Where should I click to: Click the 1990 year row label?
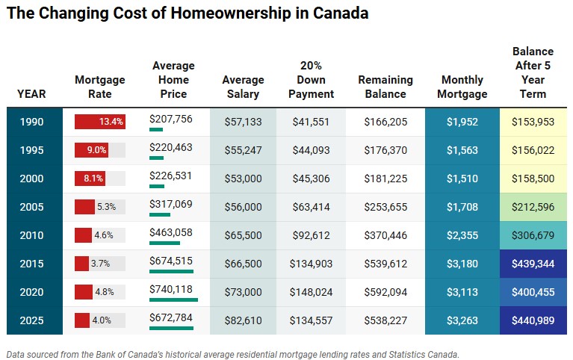click(31, 122)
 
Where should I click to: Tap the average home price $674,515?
click(171, 261)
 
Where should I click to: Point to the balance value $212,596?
click(533, 207)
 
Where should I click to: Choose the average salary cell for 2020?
click(243, 292)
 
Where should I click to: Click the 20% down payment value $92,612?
click(312, 235)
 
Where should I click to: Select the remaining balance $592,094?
click(385, 292)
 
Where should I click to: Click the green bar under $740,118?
click(173, 300)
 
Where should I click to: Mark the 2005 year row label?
click(31, 207)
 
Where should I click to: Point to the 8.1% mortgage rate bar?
click(90, 179)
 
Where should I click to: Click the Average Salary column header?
click(243, 87)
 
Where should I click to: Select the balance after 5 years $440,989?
click(533, 320)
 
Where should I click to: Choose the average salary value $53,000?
click(243, 179)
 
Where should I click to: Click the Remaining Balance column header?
click(385, 87)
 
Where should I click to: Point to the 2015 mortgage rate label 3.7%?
click(102, 264)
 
